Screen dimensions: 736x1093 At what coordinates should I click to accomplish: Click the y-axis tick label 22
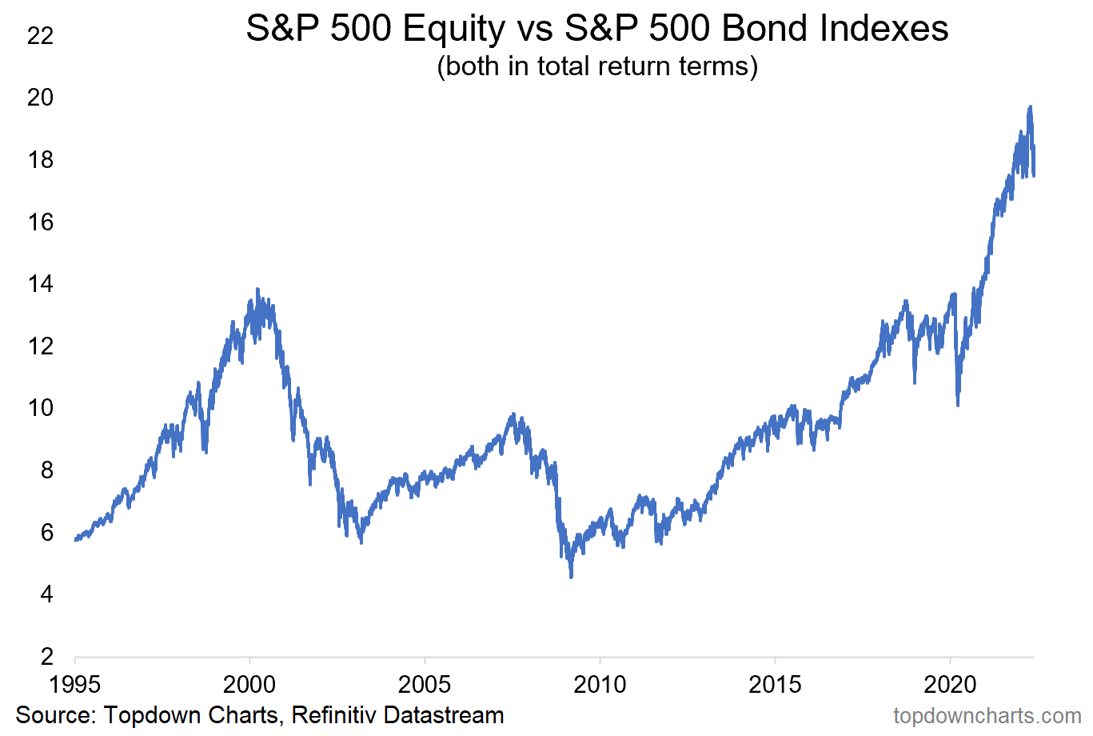[x=40, y=35]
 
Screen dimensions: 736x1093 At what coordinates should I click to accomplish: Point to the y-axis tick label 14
[x=40, y=283]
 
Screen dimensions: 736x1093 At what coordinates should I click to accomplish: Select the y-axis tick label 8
[x=46, y=470]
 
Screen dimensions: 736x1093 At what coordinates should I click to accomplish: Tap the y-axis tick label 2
[x=46, y=656]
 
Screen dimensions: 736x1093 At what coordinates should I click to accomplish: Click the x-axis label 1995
[x=74, y=684]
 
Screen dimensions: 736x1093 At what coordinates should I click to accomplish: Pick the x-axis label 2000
[x=249, y=684]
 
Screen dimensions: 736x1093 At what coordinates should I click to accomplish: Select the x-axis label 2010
[x=600, y=684]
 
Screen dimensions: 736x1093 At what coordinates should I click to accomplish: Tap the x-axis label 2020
[x=950, y=684]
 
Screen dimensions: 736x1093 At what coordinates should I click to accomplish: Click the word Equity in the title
[x=454, y=30]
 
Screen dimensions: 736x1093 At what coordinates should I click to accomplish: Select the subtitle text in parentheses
[x=596, y=66]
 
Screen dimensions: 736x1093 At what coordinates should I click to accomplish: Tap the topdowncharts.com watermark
[x=987, y=715]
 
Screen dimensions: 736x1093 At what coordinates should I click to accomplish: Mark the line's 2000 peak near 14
[x=257, y=289]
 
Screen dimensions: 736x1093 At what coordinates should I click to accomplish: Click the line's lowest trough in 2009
[x=571, y=577]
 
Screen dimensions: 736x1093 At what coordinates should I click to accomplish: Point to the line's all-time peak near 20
[x=1031, y=106]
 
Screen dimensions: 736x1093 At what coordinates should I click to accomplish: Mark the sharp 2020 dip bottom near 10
[x=958, y=405]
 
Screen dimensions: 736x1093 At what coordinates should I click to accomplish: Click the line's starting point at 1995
[x=75, y=540]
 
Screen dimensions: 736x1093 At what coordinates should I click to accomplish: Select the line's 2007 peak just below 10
[x=513, y=414]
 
